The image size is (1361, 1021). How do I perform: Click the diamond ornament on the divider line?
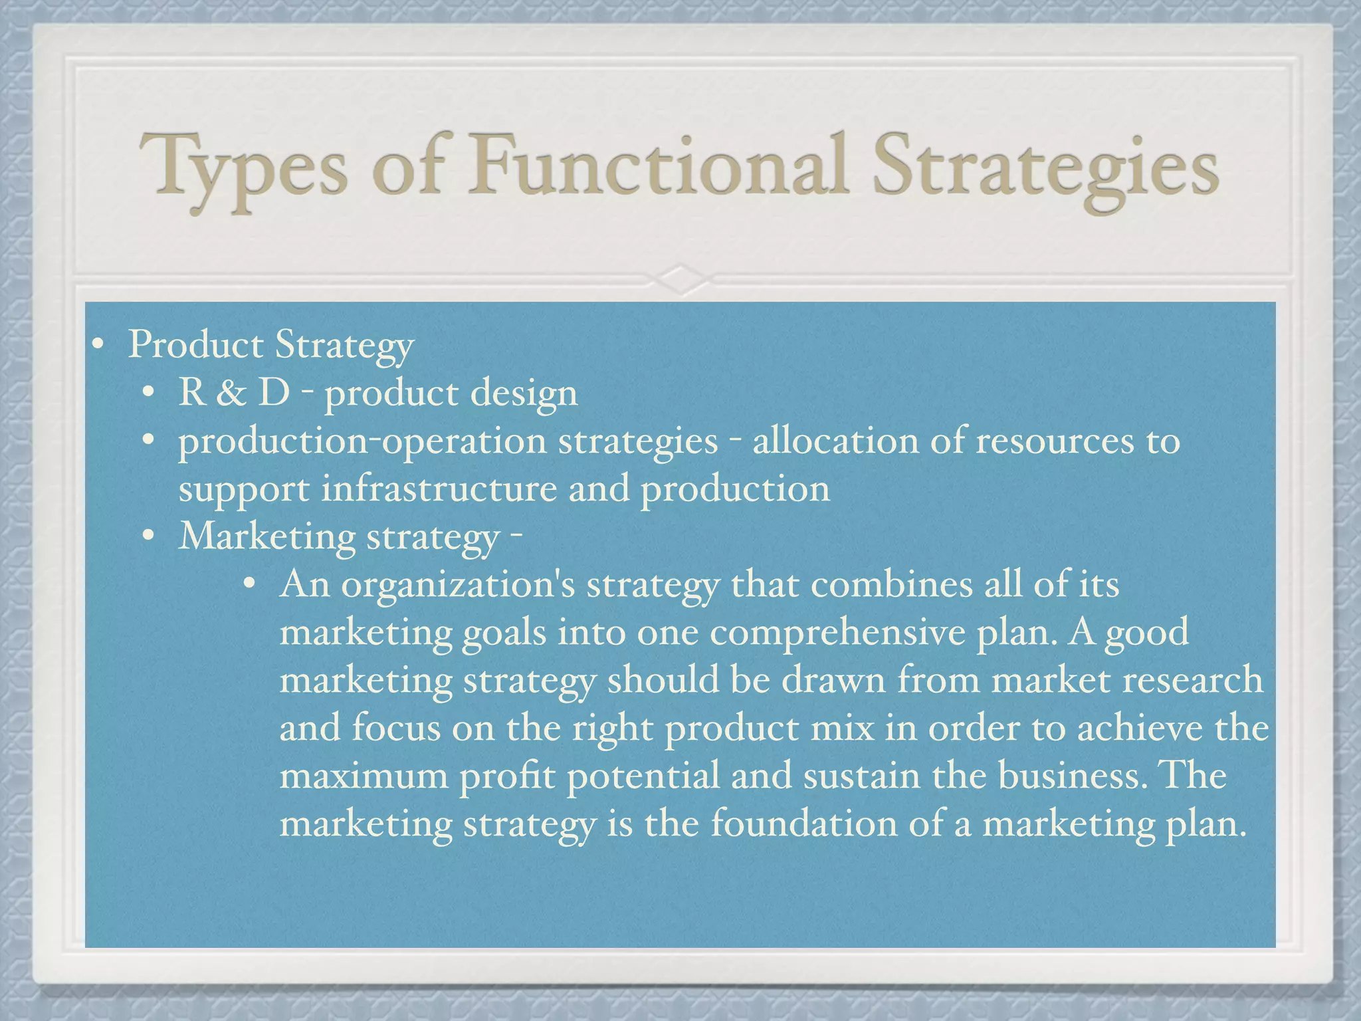[680, 279]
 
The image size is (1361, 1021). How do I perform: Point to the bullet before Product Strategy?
[98, 346]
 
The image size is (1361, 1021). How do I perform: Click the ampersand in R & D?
[231, 393]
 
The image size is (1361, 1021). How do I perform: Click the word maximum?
[364, 776]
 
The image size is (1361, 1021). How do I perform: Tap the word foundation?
[804, 824]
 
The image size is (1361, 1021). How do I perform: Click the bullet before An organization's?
[249, 585]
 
